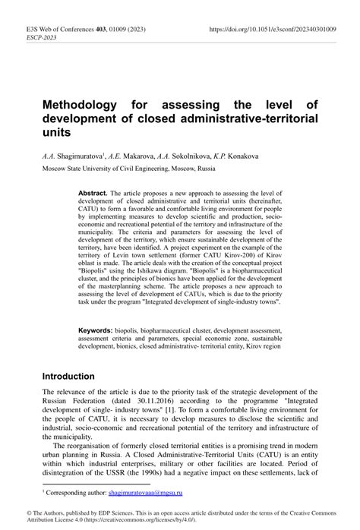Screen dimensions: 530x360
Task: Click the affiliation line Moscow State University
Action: coord(118,168)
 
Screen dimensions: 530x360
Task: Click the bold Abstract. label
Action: coord(93,194)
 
